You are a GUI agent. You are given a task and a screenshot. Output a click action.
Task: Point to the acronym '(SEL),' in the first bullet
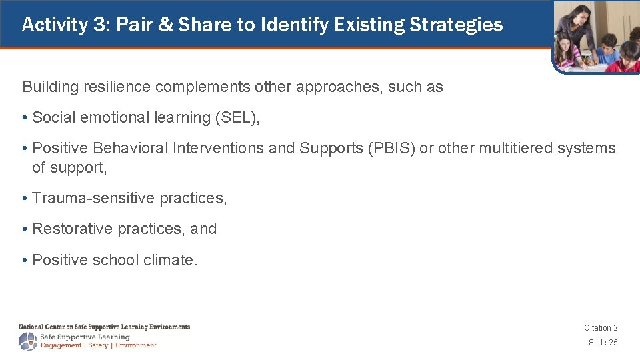tap(237, 118)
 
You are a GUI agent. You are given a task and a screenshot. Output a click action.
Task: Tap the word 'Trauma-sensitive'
tap(84, 199)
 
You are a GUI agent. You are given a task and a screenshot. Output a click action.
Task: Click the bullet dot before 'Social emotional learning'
tap(25, 118)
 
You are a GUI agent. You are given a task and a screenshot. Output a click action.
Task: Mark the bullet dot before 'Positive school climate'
tap(25, 260)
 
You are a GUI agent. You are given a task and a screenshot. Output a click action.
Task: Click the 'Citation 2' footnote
tap(601, 328)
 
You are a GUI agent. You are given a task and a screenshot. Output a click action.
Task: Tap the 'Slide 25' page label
tap(603, 343)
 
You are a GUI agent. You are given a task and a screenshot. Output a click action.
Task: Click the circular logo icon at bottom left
tap(29, 341)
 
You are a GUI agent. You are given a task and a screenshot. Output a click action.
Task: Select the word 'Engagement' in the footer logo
tap(61, 346)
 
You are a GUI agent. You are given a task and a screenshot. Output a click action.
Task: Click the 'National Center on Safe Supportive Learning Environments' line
tap(104, 327)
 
